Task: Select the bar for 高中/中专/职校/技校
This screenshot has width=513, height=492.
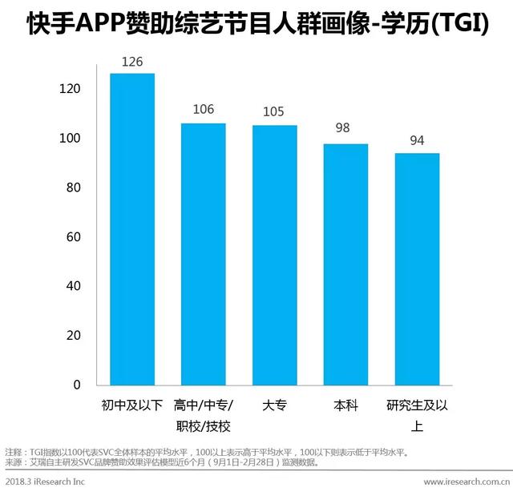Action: coord(204,254)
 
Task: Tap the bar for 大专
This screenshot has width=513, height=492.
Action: coord(275,255)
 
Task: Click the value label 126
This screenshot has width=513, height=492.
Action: coord(132,61)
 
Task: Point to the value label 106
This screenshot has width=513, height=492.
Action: coord(204,111)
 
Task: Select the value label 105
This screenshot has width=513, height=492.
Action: coord(274,112)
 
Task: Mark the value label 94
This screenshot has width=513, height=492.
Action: coord(417,140)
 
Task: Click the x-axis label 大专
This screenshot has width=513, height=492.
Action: coord(275,405)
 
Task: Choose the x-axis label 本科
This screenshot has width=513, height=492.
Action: coord(345,405)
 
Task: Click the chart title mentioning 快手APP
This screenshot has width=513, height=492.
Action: coord(256,24)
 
